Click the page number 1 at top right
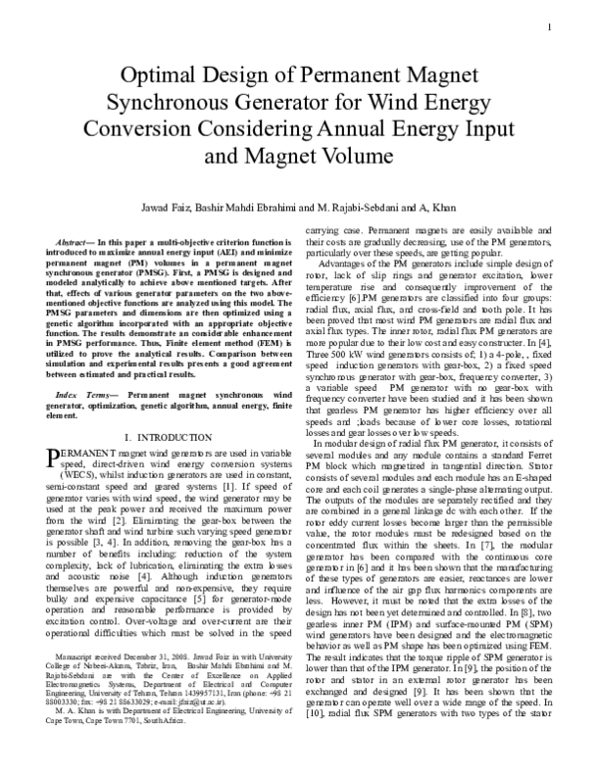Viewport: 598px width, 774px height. pos(549,26)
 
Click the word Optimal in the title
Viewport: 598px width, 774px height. pos(159,78)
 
